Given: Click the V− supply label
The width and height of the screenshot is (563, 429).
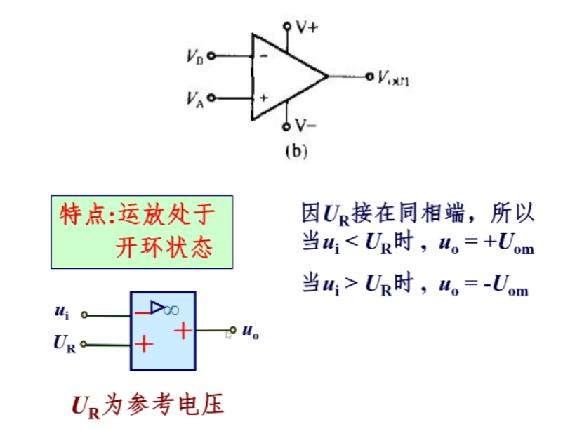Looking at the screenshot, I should coord(305,127).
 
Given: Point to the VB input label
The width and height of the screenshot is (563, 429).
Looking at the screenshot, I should coord(195,57).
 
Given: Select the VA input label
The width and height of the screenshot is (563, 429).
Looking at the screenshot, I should coord(195,99).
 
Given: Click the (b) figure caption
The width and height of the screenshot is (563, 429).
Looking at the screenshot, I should coord(296,150).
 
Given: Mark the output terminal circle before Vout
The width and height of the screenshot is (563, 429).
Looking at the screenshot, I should coord(370,77).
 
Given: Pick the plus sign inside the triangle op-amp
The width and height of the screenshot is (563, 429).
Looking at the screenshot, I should coord(263,98).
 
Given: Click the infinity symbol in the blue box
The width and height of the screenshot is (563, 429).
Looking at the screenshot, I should coord(171,310).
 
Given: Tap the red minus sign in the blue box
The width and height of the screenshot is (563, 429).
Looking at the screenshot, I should coord(143,312).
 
